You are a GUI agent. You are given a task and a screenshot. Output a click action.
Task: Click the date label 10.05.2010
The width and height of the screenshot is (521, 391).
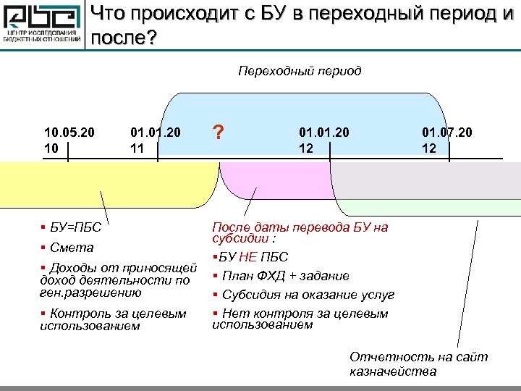coord(69,140)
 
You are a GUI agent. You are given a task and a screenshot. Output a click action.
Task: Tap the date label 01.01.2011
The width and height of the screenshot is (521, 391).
coord(156,140)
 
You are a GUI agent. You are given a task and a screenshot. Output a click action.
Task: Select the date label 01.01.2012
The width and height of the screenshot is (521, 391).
coord(324,140)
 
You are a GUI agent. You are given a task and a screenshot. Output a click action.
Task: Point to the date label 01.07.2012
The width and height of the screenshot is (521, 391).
coord(447,140)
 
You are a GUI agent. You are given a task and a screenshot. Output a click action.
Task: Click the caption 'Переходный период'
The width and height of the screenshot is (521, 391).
coord(300,71)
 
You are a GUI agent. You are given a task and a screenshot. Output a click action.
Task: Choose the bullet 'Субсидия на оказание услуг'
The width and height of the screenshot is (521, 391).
coord(308,295)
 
